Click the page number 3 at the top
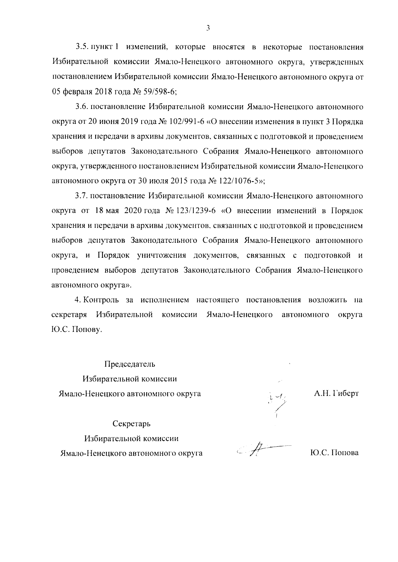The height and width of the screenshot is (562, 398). [x=208, y=28]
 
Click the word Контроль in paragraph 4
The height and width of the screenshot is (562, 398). [x=101, y=300]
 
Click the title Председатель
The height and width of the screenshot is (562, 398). [x=130, y=364]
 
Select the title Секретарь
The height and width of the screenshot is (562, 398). [x=131, y=424]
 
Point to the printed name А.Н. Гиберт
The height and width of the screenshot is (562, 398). [x=336, y=394]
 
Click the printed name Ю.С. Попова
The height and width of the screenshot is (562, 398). [x=334, y=453]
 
